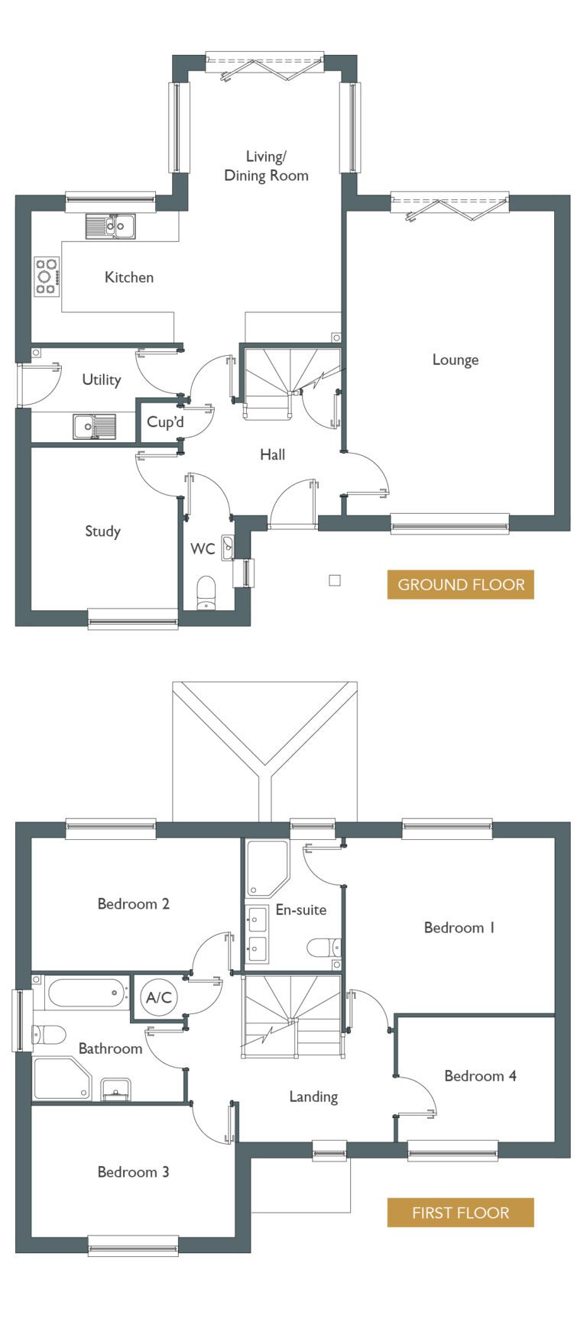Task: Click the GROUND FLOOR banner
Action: (x=461, y=585)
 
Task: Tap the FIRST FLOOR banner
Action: (x=461, y=1213)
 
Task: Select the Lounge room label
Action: (x=456, y=360)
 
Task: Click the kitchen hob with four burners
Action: (x=46, y=276)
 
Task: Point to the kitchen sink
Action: (x=111, y=225)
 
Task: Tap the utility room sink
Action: (x=95, y=426)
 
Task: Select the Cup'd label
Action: (x=165, y=422)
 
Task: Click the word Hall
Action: (x=272, y=454)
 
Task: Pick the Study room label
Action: (x=102, y=531)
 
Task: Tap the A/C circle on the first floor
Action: (x=159, y=997)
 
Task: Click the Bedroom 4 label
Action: (x=480, y=1076)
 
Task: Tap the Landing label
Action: (x=313, y=1097)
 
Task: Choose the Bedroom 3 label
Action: (x=133, y=1171)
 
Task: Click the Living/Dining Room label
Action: (x=266, y=166)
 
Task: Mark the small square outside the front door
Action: (x=335, y=580)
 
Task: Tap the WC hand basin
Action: (x=228, y=548)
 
